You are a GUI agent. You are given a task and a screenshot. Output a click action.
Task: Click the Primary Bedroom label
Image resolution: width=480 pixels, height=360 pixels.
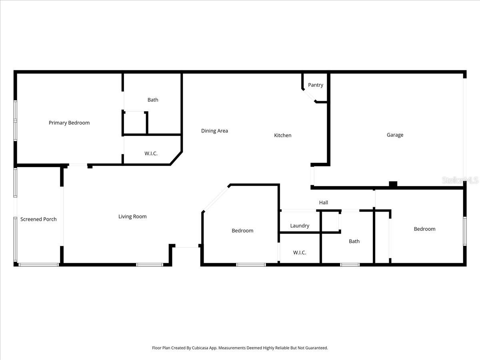pyautogui.click(x=69, y=123)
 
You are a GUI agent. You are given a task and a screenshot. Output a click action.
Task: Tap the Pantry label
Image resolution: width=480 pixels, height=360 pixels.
pyautogui.click(x=316, y=85)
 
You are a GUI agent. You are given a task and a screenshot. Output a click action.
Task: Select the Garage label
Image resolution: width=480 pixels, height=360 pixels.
pyautogui.click(x=395, y=135)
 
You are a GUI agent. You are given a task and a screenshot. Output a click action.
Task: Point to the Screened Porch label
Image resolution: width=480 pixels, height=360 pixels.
pyautogui.click(x=38, y=219)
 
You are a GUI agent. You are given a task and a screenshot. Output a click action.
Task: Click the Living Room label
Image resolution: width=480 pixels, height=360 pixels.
pyautogui.click(x=132, y=216)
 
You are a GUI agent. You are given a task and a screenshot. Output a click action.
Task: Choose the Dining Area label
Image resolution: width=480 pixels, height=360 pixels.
pyautogui.click(x=214, y=131)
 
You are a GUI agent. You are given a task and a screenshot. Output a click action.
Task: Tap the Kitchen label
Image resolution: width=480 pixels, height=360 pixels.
pyautogui.click(x=282, y=135)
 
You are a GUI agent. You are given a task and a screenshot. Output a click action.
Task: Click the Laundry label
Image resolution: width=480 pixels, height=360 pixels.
pyautogui.click(x=300, y=226)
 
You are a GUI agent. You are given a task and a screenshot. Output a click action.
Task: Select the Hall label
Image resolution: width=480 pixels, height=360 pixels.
pyautogui.click(x=324, y=202)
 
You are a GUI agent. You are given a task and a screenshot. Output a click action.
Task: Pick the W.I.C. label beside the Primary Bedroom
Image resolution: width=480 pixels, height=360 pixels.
pyautogui.click(x=151, y=153)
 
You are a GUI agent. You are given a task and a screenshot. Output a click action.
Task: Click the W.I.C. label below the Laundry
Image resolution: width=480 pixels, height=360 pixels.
pyautogui.click(x=300, y=252)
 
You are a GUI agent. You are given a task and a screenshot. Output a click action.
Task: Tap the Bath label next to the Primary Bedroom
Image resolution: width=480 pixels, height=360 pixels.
pyautogui.click(x=153, y=100)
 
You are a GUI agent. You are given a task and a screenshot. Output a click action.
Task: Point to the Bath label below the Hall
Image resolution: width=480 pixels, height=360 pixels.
pyautogui.click(x=354, y=241)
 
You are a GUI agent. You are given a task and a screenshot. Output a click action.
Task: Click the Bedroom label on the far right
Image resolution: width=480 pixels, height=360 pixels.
pyautogui.click(x=424, y=229)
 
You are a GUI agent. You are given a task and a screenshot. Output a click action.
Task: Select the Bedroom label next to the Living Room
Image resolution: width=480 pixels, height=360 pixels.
pyautogui.click(x=242, y=230)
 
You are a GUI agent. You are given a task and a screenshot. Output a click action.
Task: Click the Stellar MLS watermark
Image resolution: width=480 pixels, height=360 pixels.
pyautogui.click(x=460, y=180)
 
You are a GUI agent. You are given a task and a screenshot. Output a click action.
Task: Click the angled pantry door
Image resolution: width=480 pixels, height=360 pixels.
pyautogui.click(x=309, y=95)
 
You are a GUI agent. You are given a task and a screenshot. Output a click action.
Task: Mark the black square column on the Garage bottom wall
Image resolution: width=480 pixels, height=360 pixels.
pyautogui.click(x=393, y=184)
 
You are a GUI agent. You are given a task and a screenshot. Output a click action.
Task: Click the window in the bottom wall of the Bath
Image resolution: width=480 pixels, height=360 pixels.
pyautogui.click(x=350, y=264)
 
